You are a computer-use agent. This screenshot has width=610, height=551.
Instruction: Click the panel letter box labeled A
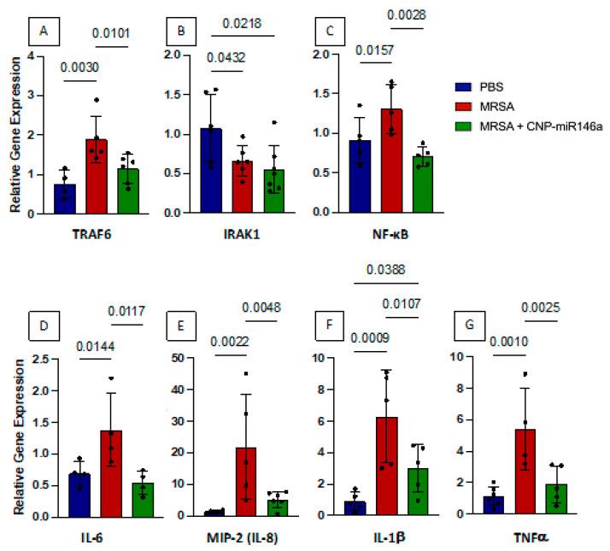(45, 32)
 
